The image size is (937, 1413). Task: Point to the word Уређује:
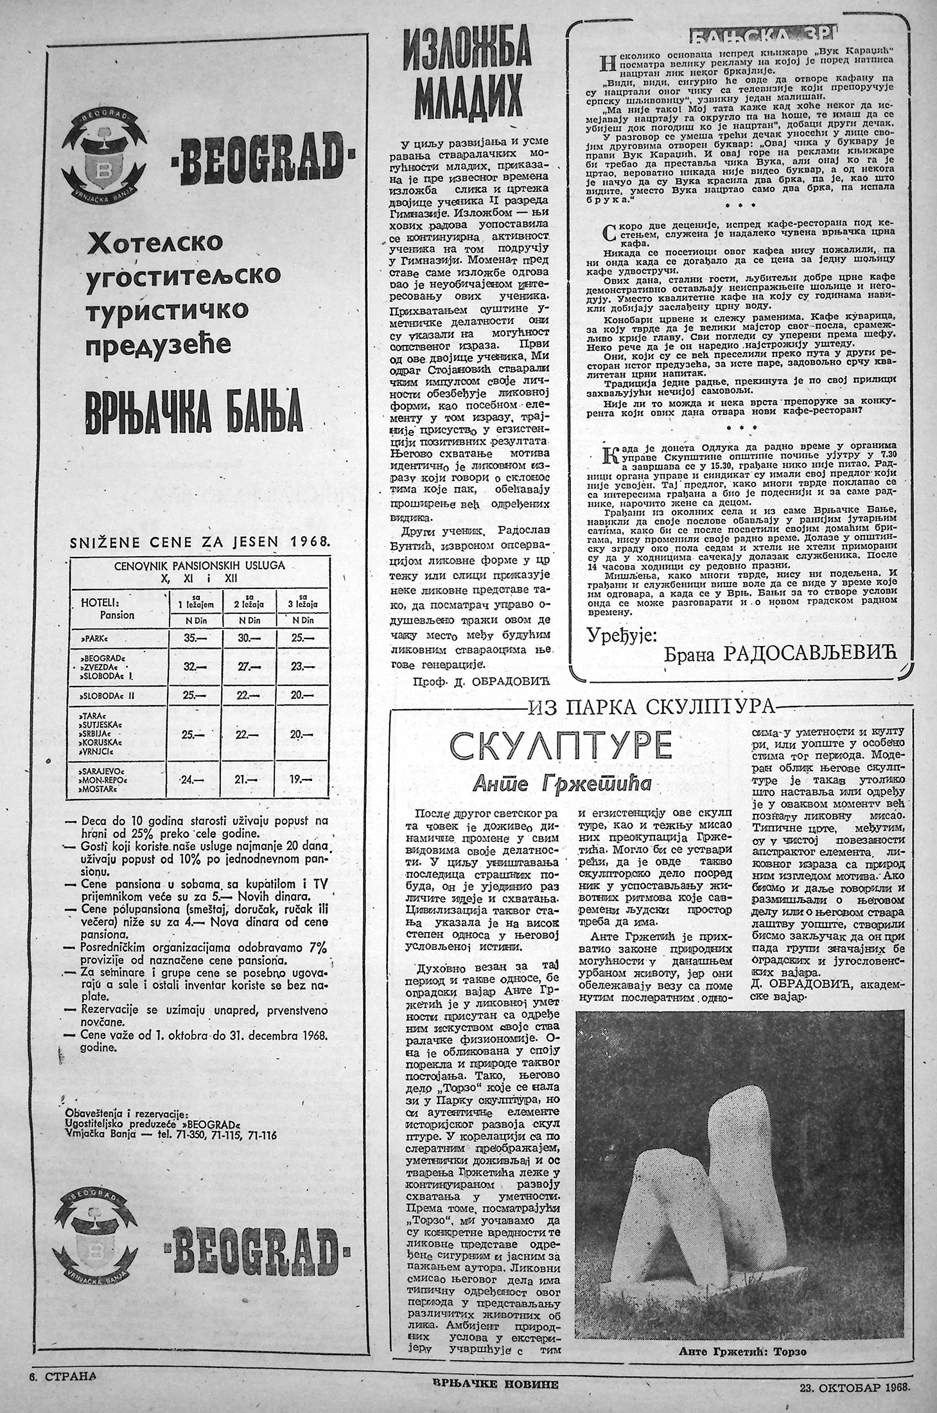click(622, 635)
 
